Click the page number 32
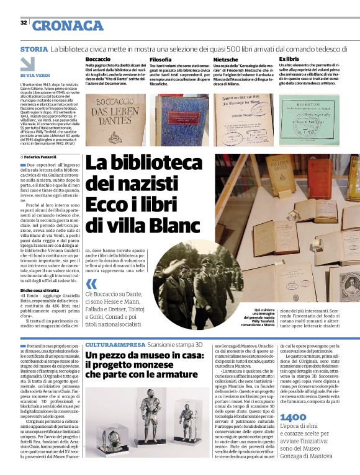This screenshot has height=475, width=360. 23,23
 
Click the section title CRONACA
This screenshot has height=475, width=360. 68,25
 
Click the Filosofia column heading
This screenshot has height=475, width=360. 160,59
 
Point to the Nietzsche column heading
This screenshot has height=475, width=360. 225,59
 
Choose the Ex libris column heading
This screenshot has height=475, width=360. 289,59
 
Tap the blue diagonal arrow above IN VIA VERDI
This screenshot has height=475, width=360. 27,64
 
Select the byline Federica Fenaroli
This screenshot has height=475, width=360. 43,159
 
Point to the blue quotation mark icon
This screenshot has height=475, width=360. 92,285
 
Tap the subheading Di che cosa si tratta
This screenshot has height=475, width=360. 42,290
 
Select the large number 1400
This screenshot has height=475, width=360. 294,434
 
